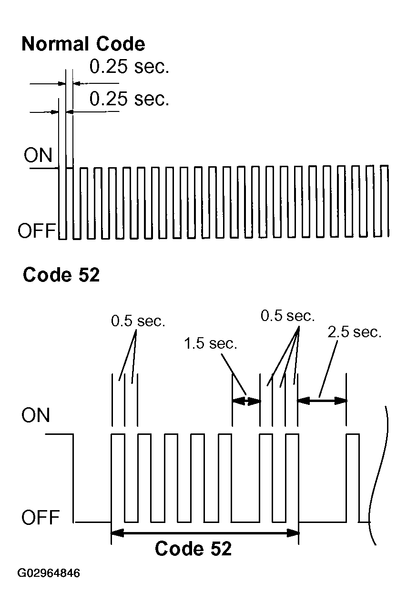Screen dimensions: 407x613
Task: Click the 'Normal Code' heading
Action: point(83,44)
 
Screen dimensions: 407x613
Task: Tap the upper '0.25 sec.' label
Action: point(129,67)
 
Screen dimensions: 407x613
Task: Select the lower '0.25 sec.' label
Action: point(129,99)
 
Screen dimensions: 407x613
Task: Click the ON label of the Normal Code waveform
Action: point(38,155)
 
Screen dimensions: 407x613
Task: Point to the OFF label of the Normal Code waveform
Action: point(37,231)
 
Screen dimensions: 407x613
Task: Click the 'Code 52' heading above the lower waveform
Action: point(61,275)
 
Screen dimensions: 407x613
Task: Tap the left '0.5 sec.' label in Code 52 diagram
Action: point(138,321)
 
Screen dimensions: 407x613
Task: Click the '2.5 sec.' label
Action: point(355,332)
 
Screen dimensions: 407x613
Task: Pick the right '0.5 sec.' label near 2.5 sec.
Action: point(287,316)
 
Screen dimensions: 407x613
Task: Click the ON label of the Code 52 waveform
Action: point(36,415)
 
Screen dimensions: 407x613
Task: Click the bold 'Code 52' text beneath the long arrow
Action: point(193,549)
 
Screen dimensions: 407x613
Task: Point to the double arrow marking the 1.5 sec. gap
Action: point(246,401)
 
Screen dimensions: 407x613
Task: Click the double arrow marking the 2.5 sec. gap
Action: point(322,401)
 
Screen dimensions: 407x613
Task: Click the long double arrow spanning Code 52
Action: point(205,533)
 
